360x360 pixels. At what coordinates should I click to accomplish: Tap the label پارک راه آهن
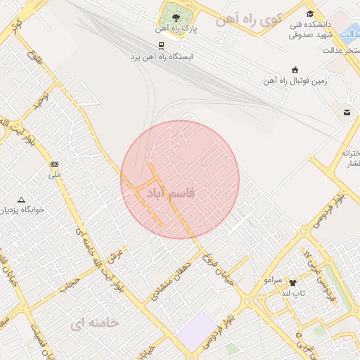point(176,30)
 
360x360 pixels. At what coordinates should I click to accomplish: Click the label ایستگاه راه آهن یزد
point(162,56)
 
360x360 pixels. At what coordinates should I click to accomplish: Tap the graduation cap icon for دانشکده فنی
point(310,14)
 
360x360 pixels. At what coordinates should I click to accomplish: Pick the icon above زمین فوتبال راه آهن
point(295,70)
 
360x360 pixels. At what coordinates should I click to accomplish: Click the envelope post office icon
point(347,112)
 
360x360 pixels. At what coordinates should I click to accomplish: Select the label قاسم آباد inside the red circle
point(168,192)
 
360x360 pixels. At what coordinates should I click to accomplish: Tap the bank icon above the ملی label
point(55,165)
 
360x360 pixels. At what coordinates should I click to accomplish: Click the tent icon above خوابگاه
point(21,200)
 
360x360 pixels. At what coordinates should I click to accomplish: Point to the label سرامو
point(273,279)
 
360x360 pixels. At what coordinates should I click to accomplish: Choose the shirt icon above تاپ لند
point(293,283)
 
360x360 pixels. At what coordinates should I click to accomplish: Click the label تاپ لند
point(293,292)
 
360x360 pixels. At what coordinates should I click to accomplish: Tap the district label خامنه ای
point(95,323)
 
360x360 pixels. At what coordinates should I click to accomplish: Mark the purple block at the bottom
point(198,330)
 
